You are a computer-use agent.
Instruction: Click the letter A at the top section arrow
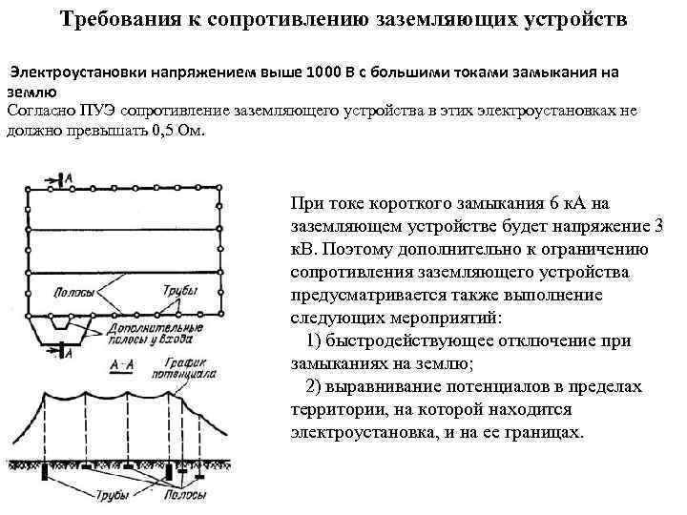(x=67, y=177)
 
